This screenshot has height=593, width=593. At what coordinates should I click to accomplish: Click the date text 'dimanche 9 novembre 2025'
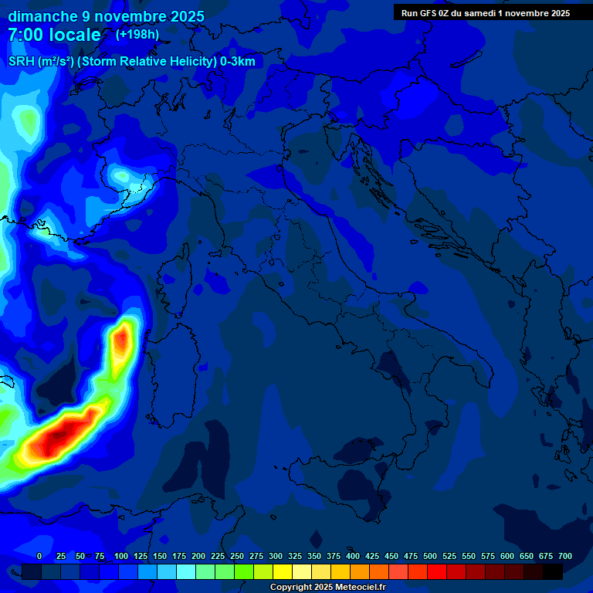coord(106,16)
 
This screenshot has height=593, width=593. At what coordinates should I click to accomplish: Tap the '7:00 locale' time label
coord(54,35)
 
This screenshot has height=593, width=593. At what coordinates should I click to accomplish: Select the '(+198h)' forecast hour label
coord(137,34)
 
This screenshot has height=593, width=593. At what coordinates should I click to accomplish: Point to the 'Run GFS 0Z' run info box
coord(486,12)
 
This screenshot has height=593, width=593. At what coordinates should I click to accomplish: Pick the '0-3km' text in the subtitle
coord(237,62)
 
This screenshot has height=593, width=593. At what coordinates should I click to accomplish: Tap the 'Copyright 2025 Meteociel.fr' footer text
coord(327,588)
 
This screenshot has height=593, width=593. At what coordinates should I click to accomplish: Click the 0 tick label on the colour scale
coord(39,556)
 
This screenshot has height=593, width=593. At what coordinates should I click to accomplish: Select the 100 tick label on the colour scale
coord(121,556)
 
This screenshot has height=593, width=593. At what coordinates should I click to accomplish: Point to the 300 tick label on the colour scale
coord(276,556)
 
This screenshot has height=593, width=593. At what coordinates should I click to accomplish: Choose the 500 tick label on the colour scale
coord(430,556)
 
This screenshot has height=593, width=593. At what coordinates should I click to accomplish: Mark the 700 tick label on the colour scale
coord(565,556)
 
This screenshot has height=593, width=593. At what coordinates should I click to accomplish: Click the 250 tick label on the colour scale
coord(237,556)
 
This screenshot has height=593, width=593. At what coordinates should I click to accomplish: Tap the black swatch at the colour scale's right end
coord(553,571)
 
